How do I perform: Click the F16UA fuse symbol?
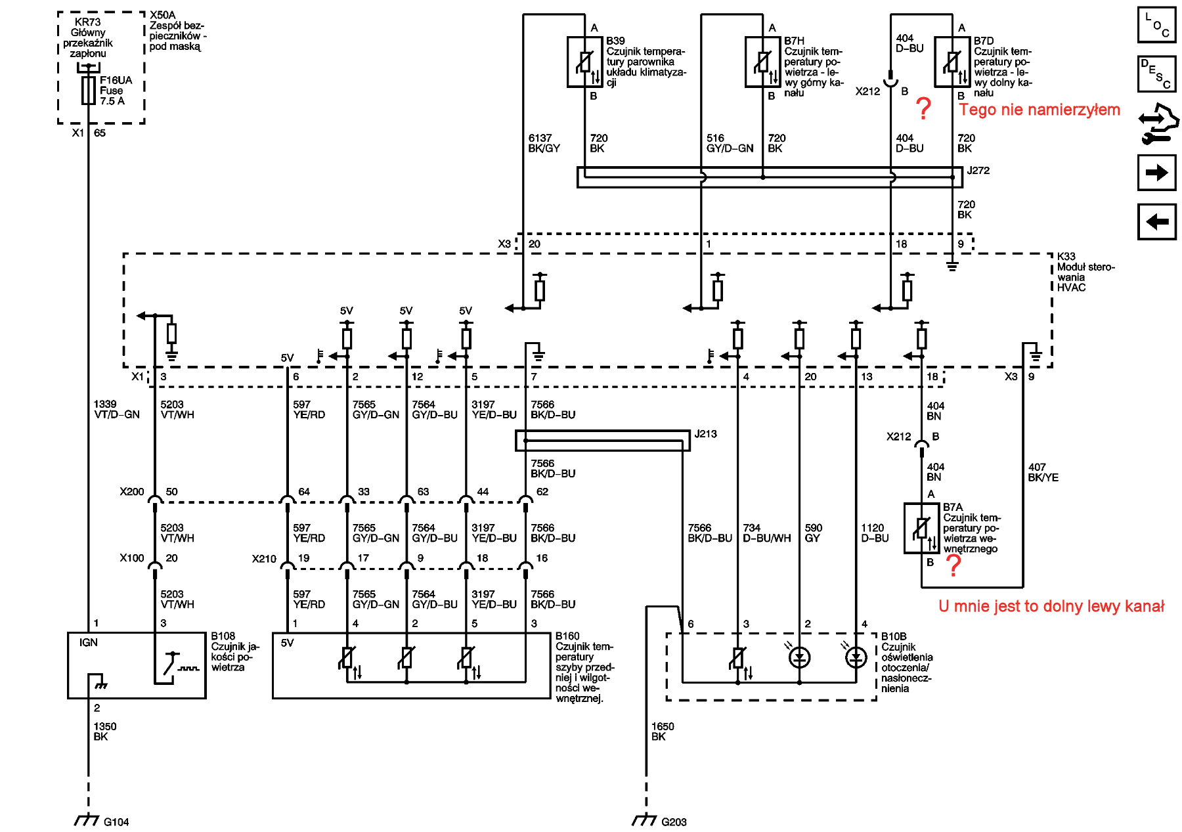coord(88,91)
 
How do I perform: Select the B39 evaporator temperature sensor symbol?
coord(584,62)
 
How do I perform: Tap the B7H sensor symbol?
coord(762,62)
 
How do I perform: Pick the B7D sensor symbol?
coord(952,62)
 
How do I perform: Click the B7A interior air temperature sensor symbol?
coord(921,528)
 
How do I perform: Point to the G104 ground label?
coord(116,822)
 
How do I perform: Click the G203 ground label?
coord(674,822)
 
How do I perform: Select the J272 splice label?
coord(978,171)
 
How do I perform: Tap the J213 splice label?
coord(705,434)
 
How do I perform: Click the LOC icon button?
coord(1156,25)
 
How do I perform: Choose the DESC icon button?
coord(1156,74)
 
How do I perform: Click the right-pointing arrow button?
coord(1156,173)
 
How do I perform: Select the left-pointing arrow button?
coord(1156,222)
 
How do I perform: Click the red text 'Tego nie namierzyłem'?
coord(1040,110)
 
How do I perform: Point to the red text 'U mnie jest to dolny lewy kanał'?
coord(1051,606)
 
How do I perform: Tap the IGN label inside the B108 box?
coord(89,643)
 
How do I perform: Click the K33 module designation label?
coord(1066,257)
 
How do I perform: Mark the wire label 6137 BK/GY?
coord(544,143)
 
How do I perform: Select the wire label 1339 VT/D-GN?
coord(116,410)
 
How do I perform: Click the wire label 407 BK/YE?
coord(1043,473)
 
